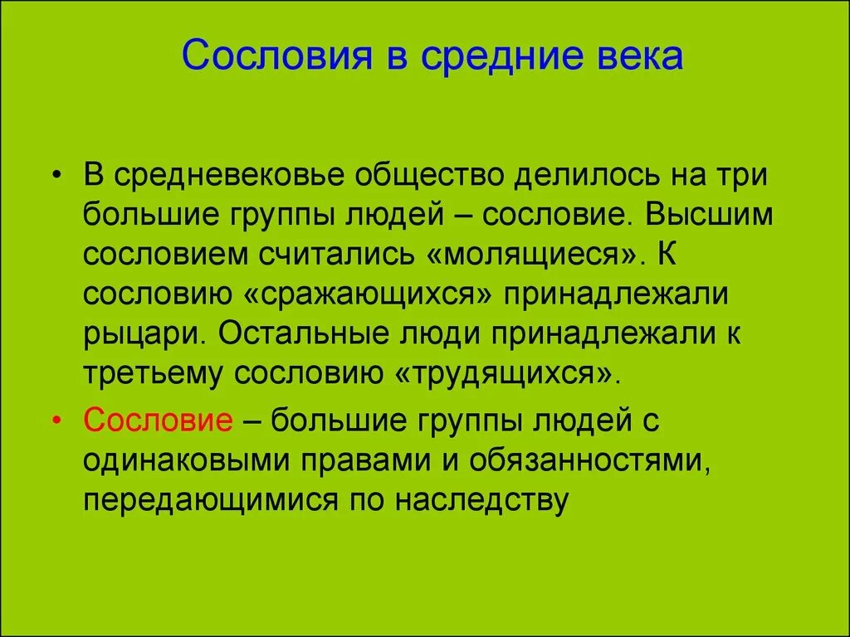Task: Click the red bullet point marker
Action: coord(56,421)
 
